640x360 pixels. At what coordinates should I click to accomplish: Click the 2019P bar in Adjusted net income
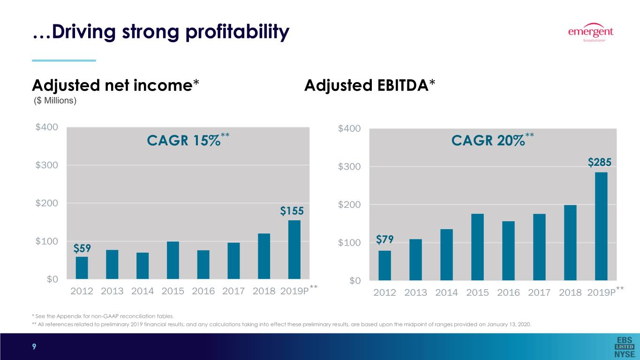point(294,250)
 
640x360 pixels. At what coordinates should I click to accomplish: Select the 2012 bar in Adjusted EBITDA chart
point(384,265)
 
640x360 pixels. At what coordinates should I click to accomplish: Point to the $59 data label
point(82,247)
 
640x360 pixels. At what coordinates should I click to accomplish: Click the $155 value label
point(292,211)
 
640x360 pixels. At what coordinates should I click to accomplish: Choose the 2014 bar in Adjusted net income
point(143,266)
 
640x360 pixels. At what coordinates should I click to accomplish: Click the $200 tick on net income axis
point(47,203)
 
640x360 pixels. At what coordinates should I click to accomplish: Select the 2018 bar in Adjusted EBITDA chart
point(570,242)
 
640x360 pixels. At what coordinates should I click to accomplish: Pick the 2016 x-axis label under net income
point(203,291)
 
